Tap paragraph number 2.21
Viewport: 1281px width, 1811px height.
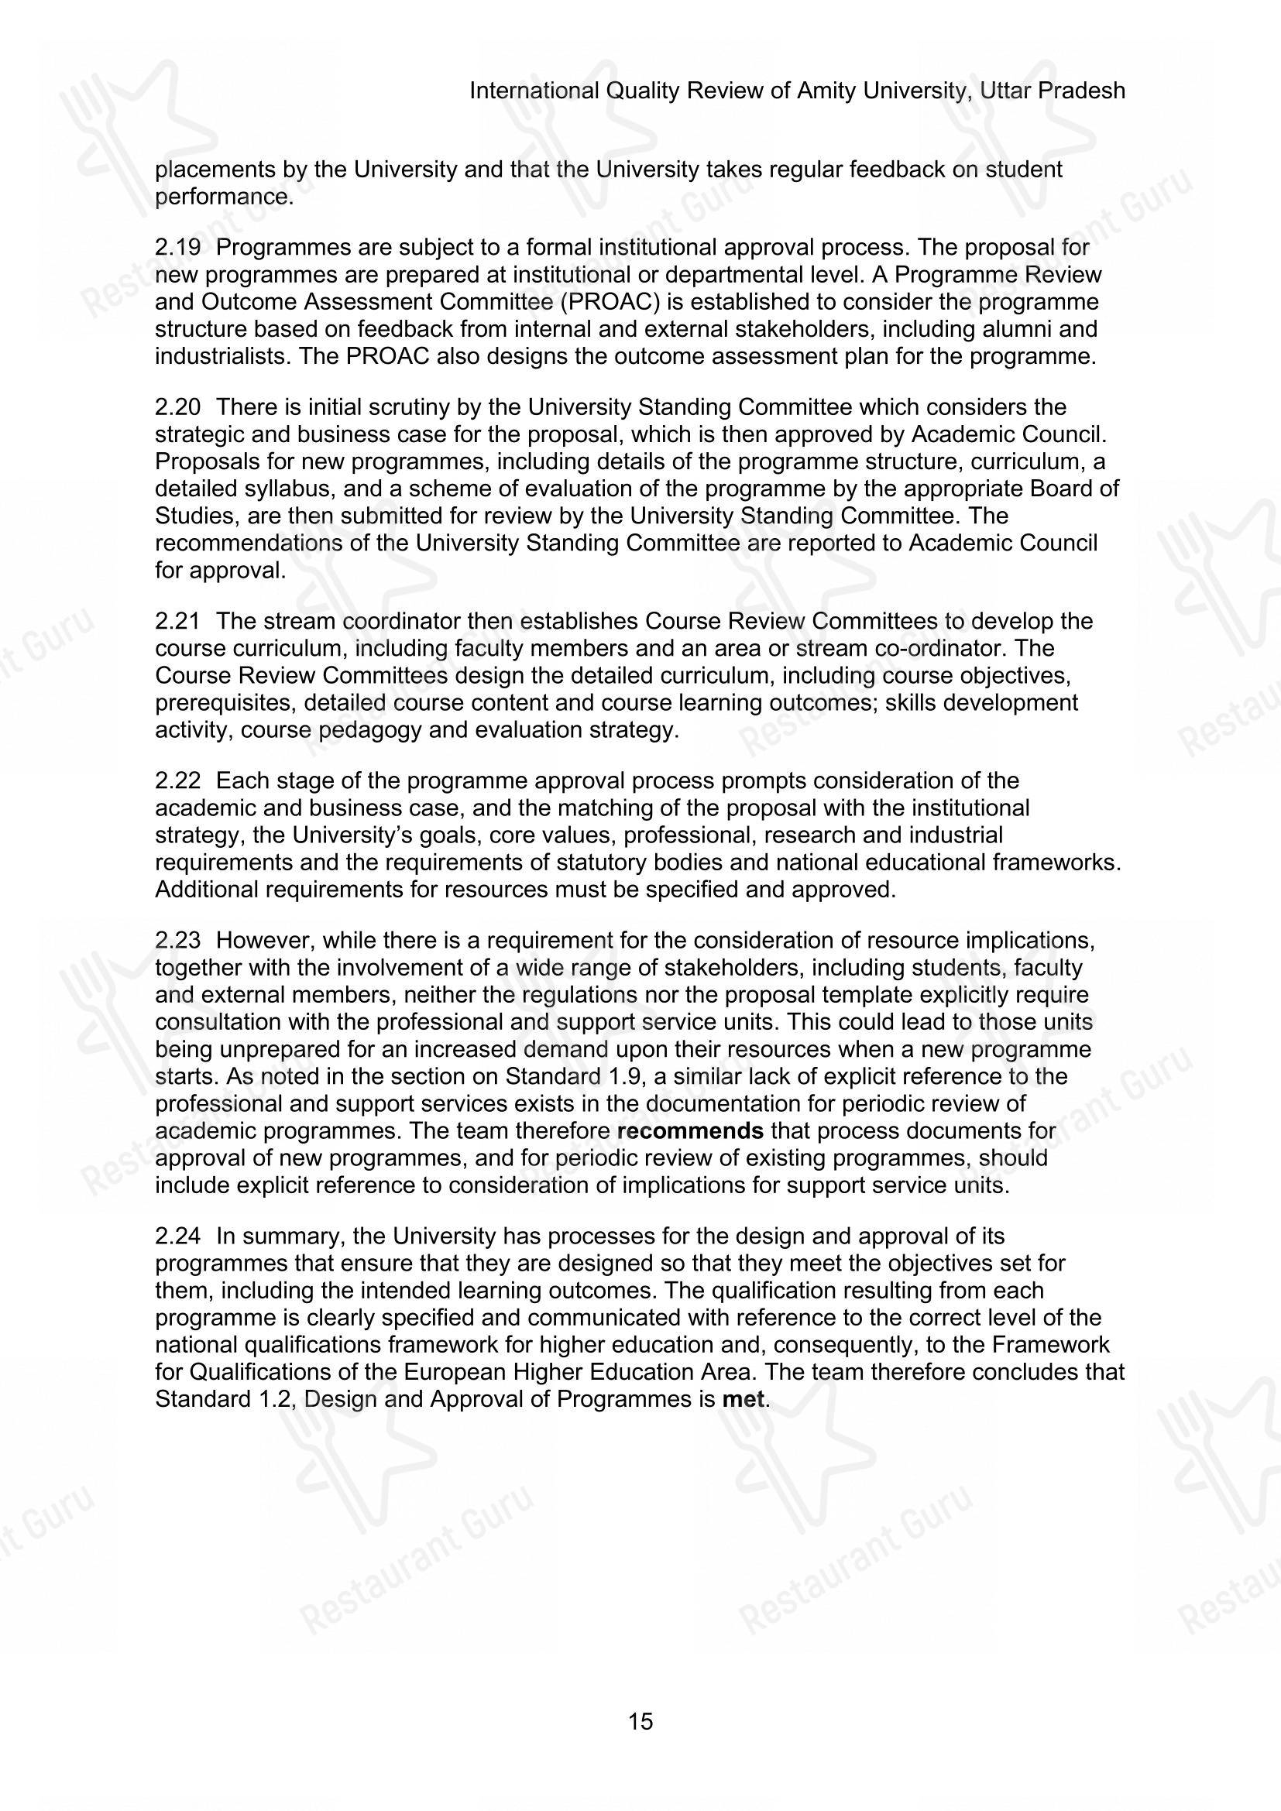click(x=177, y=622)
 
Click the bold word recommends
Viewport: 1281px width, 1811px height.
click(x=690, y=1131)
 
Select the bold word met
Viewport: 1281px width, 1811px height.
click(x=743, y=1399)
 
